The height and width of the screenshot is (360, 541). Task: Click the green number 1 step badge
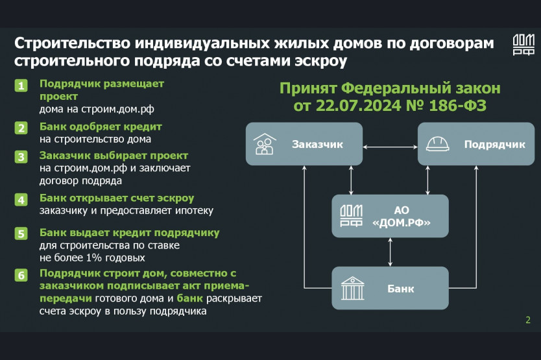tap(21, 85)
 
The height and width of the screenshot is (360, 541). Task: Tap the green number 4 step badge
tap(21, 200)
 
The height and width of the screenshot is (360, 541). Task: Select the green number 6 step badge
tap(21, 275)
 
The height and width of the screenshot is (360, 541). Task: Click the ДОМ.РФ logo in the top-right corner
tap(523, 45)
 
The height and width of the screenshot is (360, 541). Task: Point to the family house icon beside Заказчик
tap(265, 144)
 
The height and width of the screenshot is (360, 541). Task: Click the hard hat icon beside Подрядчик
tap(437, 144)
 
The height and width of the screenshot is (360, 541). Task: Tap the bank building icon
tap(352, 288)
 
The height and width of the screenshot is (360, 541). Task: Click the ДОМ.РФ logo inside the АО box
tap(351, 216)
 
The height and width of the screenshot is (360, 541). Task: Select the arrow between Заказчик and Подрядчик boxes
tap(391, 147)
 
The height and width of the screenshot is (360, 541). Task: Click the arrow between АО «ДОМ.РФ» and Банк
tap(391, 252)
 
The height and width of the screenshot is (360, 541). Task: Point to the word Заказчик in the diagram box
tap(317, 144)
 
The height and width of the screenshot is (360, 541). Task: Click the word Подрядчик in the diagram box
tap(494, 144)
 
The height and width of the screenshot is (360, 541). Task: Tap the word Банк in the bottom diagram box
tap(401, 289)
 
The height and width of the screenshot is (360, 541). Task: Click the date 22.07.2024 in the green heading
tap(358, 106)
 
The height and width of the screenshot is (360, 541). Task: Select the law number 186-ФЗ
tap(457, 106)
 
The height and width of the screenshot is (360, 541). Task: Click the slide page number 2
tap(528, 320)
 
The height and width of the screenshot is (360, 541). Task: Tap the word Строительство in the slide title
tap(73, 43)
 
